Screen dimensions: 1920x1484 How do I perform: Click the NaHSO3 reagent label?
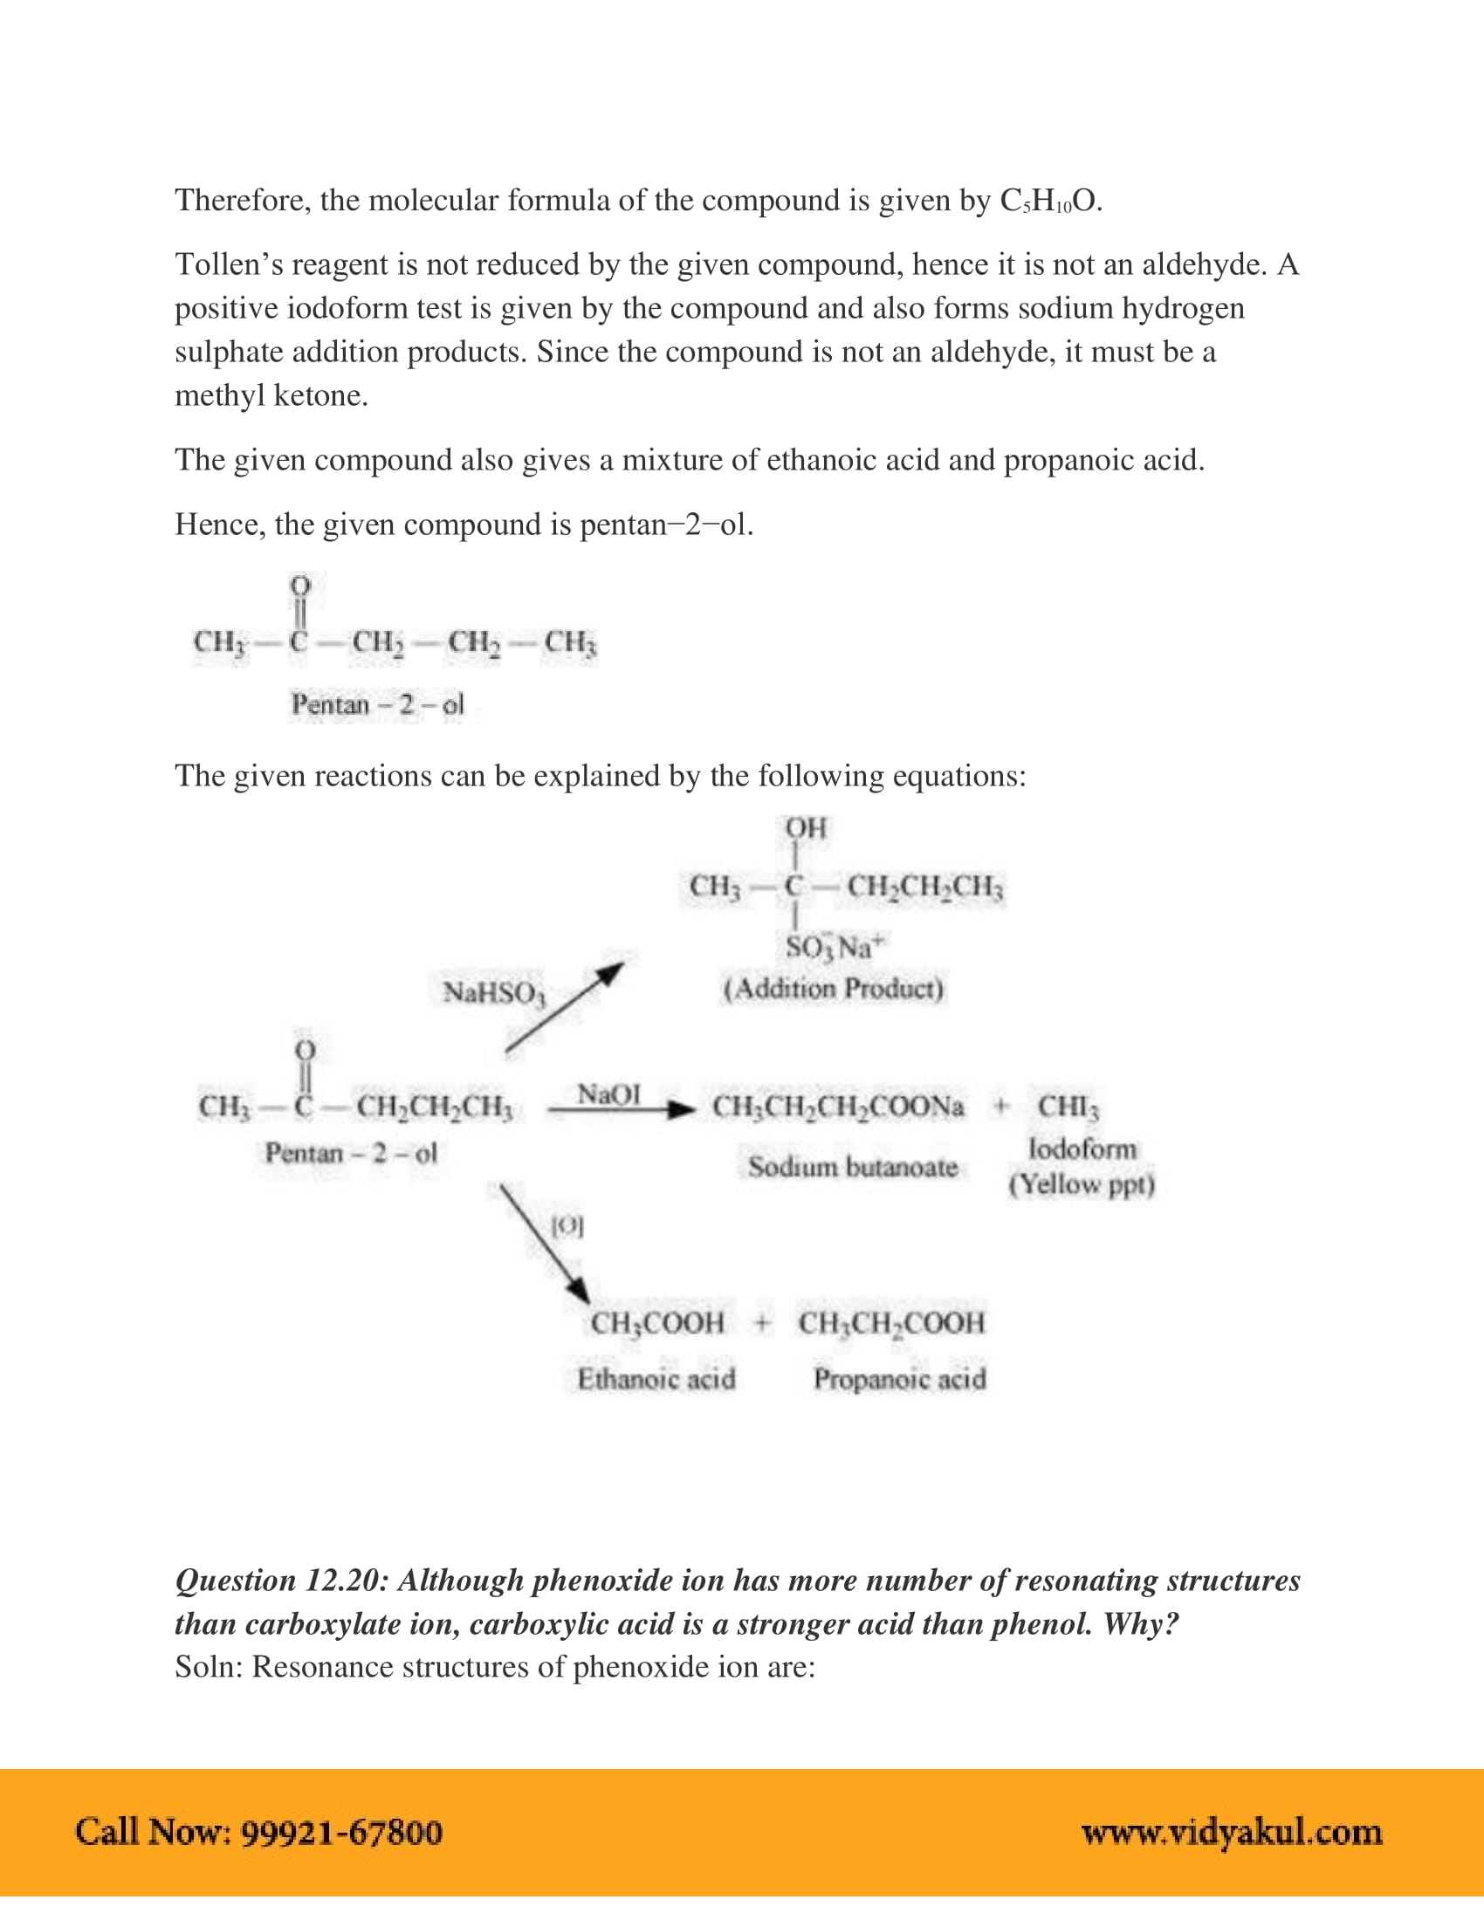(494, 992)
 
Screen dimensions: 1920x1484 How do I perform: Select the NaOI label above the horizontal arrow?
(608, 1094)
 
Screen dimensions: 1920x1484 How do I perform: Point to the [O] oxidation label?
(567, 1225)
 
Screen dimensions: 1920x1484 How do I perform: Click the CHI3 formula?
(1068, 1106)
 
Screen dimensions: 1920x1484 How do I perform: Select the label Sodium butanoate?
(852, 1167)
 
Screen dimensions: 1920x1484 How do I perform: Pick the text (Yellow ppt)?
(1081, 1185)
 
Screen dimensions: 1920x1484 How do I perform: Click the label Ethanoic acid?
(656, 1378)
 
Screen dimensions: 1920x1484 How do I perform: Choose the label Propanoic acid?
(898, 1378)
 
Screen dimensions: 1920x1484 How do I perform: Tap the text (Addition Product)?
(833, 989)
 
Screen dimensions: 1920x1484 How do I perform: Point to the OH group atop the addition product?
(806, 828)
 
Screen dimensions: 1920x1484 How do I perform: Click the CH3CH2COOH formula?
(890, 1323)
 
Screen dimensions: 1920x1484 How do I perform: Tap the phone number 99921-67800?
(341, 1832)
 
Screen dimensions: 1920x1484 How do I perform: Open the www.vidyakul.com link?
(1231, 1832)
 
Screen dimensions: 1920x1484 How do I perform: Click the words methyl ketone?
(271, 395)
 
